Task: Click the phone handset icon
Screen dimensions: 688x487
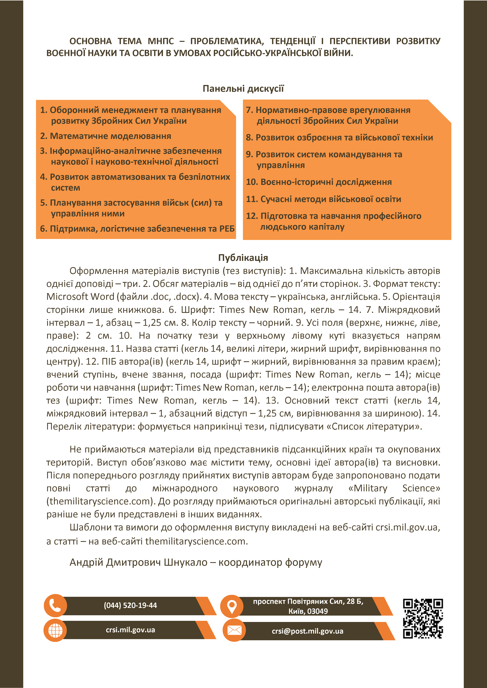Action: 55,605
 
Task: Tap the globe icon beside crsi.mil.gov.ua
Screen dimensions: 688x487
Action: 55,630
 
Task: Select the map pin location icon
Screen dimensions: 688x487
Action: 231,606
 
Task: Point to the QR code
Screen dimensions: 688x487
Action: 423,619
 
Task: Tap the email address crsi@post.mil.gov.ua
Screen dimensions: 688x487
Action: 307,631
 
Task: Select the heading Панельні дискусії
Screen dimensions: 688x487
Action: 243,89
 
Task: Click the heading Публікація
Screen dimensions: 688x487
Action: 243,258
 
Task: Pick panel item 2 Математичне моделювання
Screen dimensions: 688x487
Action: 106,136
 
